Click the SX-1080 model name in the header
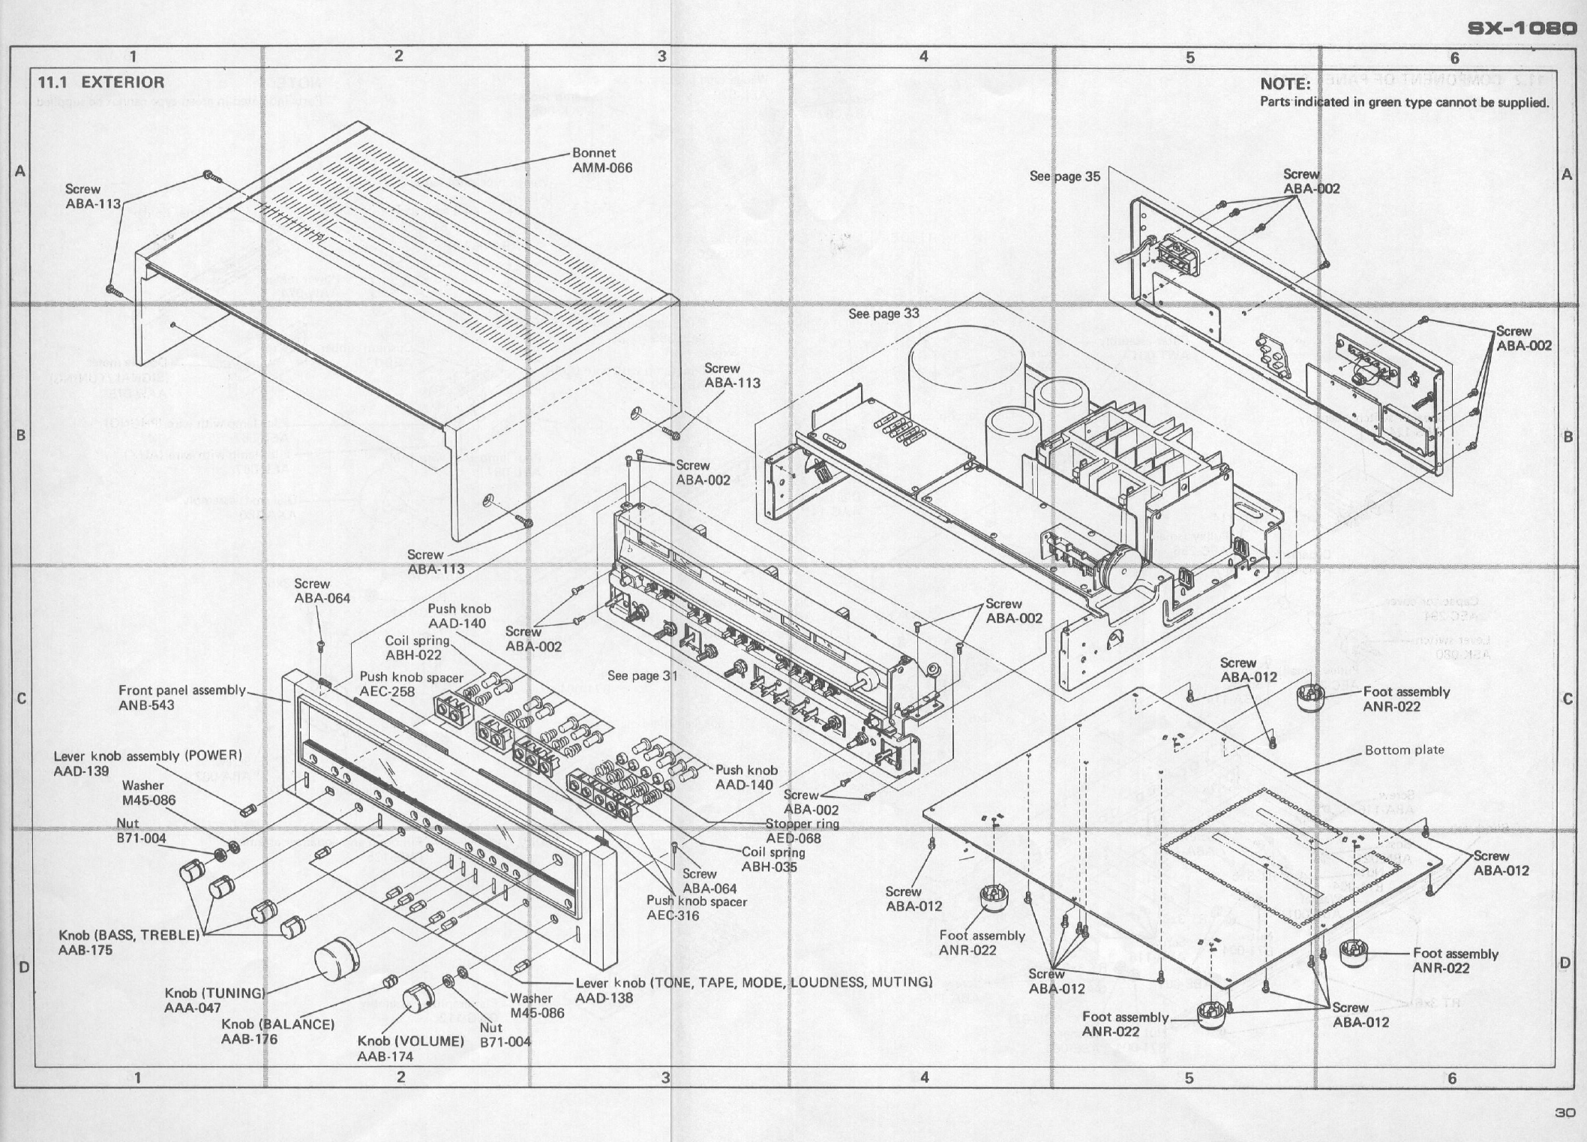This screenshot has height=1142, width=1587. pos(1522,29)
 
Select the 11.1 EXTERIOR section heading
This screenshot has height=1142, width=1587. pos(101,83)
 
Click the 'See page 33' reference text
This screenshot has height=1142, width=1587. pos(883,313)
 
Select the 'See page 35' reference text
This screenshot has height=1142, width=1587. pos(1064,176)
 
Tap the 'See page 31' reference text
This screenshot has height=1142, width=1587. pos(642,675)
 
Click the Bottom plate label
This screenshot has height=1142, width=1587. pos(1403,750)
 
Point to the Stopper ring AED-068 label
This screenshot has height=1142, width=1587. pos(802,831)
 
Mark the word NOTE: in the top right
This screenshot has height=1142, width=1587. pos(1285,84)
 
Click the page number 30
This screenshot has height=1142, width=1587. pos(1564,1113)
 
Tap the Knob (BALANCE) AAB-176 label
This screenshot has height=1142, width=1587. pos(277,1031)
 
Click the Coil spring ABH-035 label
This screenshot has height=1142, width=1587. pos(773,859)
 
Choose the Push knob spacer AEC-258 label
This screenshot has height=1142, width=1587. pos(411,684)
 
